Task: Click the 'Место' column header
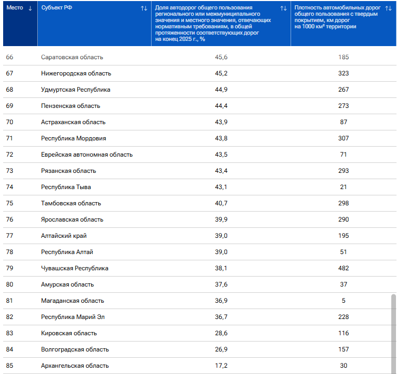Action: [15, 8]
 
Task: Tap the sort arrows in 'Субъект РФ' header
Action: [144, 8]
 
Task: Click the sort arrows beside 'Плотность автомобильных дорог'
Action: [388, 8]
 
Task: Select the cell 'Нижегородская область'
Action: [76, 73]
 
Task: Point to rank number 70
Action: [9, 122]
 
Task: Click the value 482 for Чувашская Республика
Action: [344, 268]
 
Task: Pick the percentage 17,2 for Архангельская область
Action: [221, 366]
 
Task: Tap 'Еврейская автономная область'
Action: [87, 155]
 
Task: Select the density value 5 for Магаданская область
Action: [344, 300]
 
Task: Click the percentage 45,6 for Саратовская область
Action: [221, 57]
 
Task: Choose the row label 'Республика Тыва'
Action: [66, 187]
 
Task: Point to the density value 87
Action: [344, 122]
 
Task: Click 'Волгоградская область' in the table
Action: [75, 349]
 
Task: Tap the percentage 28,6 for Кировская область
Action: [221, 333]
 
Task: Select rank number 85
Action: [9, 366]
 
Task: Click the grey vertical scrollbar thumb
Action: [393, 334]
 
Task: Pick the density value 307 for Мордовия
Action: [344, 138]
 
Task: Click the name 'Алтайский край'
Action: [64, 236]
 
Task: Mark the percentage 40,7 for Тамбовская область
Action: [221, 203]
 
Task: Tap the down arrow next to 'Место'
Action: [30, 8]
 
